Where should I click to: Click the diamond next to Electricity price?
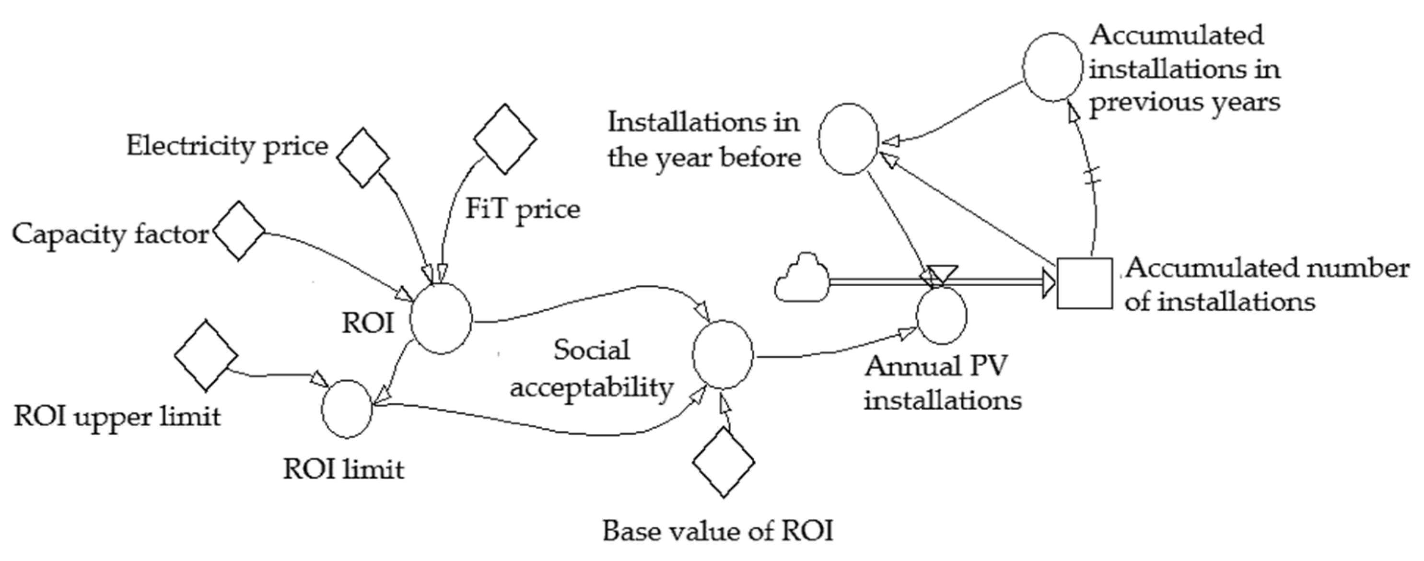[362, 158]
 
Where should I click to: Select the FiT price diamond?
[505, 139]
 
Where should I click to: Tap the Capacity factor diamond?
[239, 231]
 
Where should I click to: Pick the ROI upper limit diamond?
[206, 355]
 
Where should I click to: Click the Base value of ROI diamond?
[723, 462]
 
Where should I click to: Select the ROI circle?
[441, 319]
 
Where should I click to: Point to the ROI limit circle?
[347, 409]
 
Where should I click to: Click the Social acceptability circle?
[723, 354]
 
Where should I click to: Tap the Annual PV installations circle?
[941, 316]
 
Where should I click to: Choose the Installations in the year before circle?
[848, 139]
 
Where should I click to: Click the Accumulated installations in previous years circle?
[1052, 67]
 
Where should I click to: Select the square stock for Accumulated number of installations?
[1084, 283]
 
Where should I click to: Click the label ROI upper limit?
[117, 417]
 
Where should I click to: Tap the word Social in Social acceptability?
[592, 351]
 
